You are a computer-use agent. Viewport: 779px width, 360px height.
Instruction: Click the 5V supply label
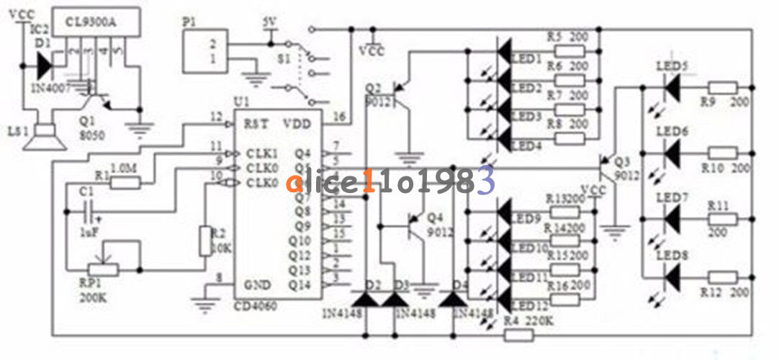click(x=270, y=22)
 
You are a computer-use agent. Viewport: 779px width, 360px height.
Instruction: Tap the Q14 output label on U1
click(x=299, y=285)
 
